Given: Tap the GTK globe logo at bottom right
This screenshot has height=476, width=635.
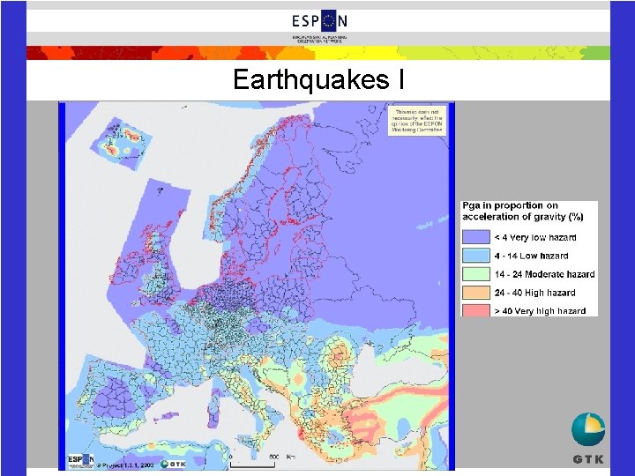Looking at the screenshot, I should pyautogui.click(x=588, y=429).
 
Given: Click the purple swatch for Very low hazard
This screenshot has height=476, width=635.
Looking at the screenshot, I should pyautogui.click(x=475, y=237).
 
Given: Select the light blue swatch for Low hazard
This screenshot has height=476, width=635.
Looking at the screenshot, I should pyautogui.click(x=475, y=256).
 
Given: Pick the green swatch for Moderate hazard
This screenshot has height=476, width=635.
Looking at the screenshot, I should pyautogui.click(x=475, y=274).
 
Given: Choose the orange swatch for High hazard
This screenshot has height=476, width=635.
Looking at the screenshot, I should pyautogui.click(x=475, y=292).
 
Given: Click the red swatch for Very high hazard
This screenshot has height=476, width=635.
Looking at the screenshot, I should pyautogui.click(x=475, y=309).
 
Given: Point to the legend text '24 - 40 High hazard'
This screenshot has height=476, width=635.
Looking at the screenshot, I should pyautogui.click(x=534, y=293).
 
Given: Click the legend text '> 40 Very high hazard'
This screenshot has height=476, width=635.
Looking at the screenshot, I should pyautogui.click(x=539, y=310).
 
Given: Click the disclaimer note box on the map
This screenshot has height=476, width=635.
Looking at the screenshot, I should pyautogui.click(x=418, y=120).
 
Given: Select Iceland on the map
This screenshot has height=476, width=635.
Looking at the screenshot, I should pyautogui.click(x=125, y=142).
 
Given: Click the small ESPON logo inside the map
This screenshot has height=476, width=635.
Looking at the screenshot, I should pyautogui.click(x=80, y=461).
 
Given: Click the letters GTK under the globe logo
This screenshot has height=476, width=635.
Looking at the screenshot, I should pyautogui.click(x=588, y=458).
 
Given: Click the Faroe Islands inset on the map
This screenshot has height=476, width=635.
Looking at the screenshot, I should pyautogui.click(x=160, y=189).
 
